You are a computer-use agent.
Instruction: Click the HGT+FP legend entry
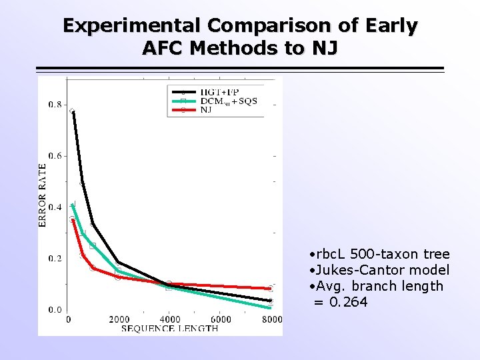pyautogui.click(x=221, y=91)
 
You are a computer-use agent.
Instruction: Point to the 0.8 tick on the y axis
pyautogui.click(x=55, y=105)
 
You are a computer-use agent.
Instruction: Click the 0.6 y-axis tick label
pyautogui.click(x=55, y=156)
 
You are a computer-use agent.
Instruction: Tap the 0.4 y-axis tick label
pyautogui.click(x=55, y=207)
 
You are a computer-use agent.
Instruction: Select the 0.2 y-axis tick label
pyautogui.click(x=55, y=259)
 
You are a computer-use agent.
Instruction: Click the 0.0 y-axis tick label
pyautogui.click(x=55, y=310)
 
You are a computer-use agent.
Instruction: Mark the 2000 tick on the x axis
pyautogui.click(x=119, y=320)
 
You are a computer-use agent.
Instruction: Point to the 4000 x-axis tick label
pyautogui.click(x=170, y=320)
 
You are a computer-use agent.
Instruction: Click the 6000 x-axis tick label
pyautogui.click(x=221, y=320)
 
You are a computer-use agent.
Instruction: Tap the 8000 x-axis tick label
pyautogui.click(x=271, y=320)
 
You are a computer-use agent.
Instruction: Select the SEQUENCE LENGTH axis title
pyautogui.click(x=170, y=329)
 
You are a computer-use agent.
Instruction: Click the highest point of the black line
pyautogui.click(x=72, y=111)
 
